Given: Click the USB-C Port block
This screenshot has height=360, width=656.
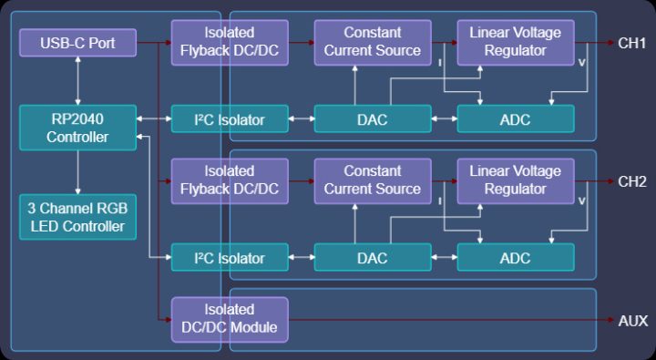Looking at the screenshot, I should point(77,42).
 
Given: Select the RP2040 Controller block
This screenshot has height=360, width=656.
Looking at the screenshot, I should point(77,128).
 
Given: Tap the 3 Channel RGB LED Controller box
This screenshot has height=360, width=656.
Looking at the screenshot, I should point(77,216).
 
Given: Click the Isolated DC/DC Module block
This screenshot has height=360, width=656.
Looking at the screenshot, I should point(230,319).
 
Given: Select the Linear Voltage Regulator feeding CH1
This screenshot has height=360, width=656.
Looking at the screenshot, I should point(516,42).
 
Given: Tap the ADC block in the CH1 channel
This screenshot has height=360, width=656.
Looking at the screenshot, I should point(516,119).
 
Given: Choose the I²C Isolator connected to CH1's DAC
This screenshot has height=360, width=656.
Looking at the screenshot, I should point(230,119).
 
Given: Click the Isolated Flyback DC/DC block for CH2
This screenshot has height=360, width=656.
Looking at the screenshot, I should point(230,180).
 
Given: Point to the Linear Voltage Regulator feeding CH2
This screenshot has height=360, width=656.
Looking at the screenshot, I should point(516,180).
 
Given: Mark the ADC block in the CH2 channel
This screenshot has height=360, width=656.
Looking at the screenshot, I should point(516,258).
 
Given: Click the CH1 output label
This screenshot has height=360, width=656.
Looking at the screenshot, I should point(631,43).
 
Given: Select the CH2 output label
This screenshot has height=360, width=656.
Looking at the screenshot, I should point(631,181).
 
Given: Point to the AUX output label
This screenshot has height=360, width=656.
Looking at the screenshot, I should point(632,320).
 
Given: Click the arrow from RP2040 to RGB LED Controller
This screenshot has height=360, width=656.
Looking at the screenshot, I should point(77,171).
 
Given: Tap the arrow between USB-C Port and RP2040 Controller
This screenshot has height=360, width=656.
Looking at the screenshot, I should point(77,80).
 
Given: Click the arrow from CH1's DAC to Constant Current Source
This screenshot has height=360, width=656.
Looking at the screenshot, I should point(353,86).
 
